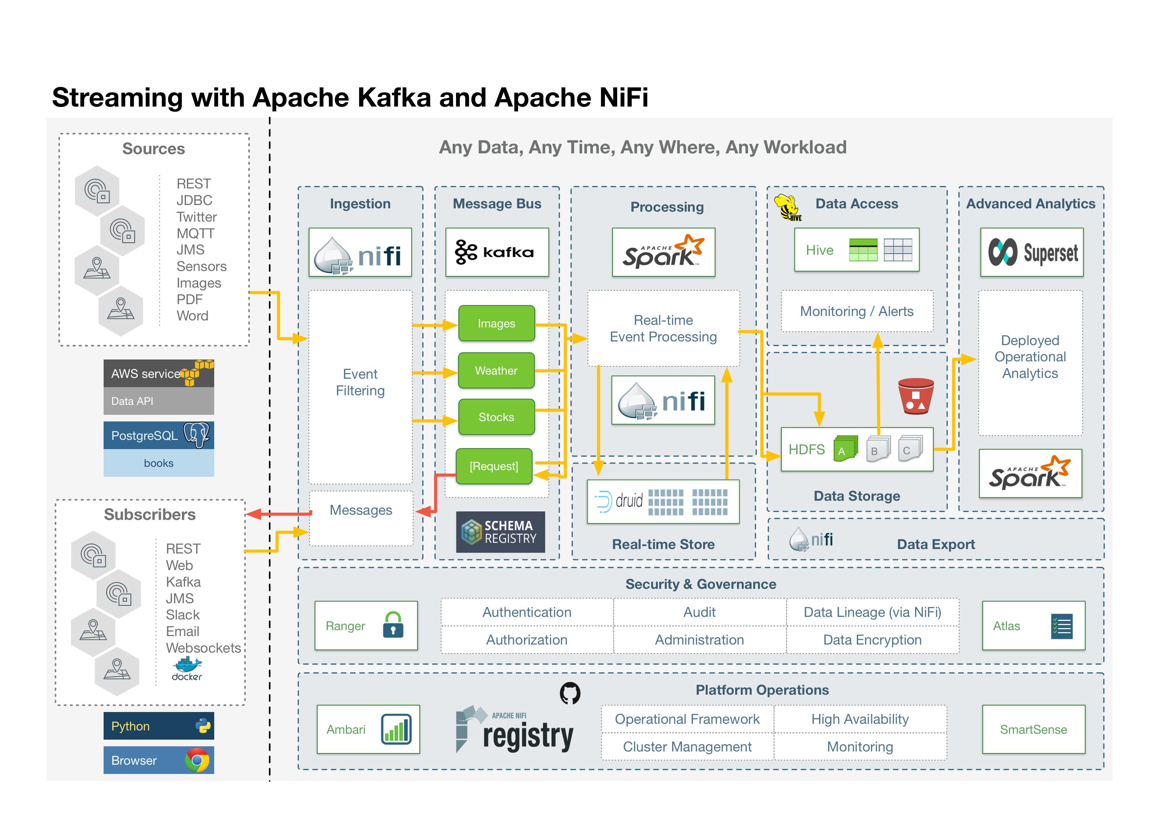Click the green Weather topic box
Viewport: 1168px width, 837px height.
[496, 370]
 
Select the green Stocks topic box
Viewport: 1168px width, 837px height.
[496, 417]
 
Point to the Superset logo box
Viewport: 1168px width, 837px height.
[1032, 252]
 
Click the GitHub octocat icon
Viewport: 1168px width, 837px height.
[570, 693]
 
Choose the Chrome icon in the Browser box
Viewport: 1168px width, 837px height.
[197, 760]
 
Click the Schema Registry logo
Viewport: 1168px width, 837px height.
[500, 532]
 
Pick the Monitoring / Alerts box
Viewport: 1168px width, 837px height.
[856, 311]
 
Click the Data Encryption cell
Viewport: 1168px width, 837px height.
[872, 640]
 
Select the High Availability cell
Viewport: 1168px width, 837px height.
[859, 719]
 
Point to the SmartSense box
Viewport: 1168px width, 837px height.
[1033, 729]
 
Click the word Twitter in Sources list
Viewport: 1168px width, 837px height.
[196, 217]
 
